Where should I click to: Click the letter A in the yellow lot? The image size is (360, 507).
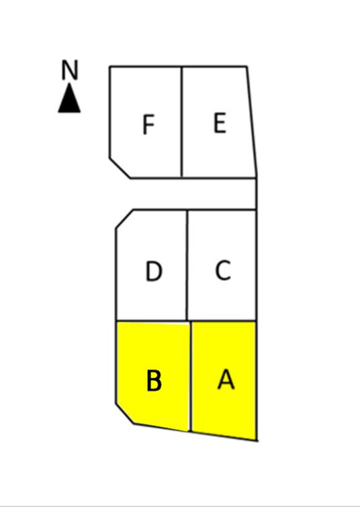click(x=226, y=379)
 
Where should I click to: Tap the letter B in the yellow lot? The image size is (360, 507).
click(x=154, y=381)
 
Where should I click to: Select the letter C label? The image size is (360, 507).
click(x=223, y=270)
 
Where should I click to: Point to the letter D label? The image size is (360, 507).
click(x=154, y=271)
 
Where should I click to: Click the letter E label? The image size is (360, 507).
click(x=220, y=123)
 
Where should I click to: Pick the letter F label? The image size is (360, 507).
click(x=148, y=124)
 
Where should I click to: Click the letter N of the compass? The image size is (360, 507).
click(x=70, y=70)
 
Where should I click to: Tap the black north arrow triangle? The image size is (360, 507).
click(x=69, y=98)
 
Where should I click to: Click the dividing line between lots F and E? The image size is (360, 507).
click(x=181, y=122)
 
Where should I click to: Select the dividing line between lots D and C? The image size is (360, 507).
click(x=187, y=265)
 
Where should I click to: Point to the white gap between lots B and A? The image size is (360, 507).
click(x=190, y=376)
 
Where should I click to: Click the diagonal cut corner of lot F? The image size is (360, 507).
click(x=120, y=168)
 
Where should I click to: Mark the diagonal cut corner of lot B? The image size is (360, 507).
click(x=125, y=413)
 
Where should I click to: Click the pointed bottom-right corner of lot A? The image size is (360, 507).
click(x=257, y=441)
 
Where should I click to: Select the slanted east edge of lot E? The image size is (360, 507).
click(x=252, y=122)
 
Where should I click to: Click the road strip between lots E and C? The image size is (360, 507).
click(x=194, y=194)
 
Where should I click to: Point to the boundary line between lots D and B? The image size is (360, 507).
click(x=152, y=321)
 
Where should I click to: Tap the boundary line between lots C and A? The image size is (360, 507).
click(x=224, y=321)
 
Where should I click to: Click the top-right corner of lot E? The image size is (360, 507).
click(x=247, y=67)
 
